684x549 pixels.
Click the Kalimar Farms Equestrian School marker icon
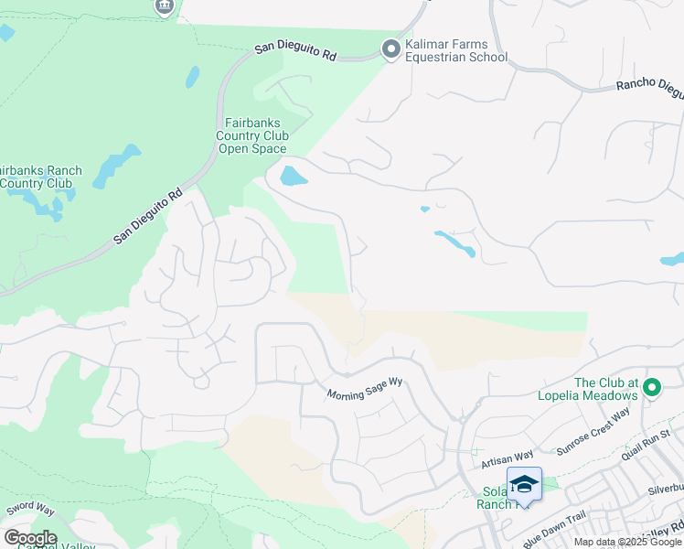[391, 50]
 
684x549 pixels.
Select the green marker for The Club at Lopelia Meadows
[652, 389]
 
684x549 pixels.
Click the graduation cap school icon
[525, 484]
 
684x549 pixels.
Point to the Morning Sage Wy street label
[366, 393]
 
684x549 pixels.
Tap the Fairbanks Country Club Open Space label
[251, 135]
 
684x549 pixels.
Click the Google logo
[30, 538]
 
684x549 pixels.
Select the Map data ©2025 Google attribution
[627, 542]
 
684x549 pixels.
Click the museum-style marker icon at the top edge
[164, 6]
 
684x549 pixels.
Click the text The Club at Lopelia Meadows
[605, 389]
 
